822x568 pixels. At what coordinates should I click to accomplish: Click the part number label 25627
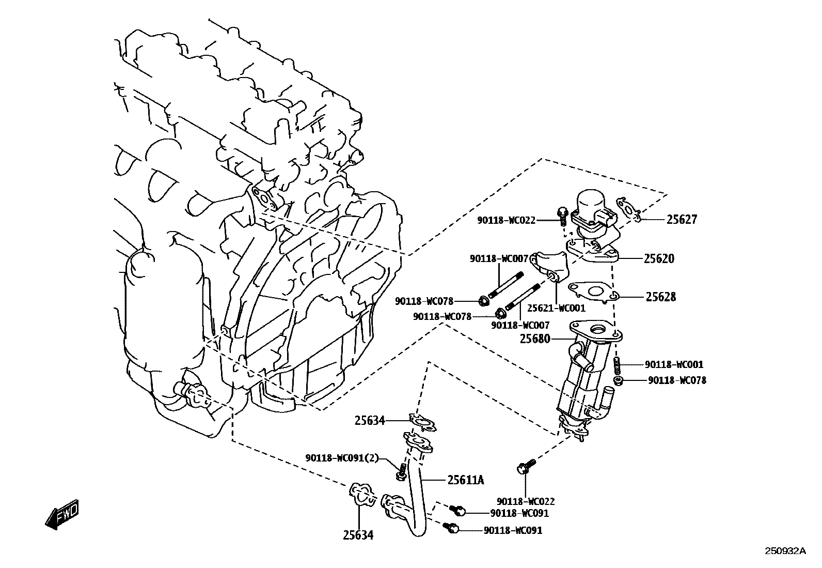tap(682, 220)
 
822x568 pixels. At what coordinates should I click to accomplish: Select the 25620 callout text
tap(659, 258)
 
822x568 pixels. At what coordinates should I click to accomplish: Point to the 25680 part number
tap(535, 339)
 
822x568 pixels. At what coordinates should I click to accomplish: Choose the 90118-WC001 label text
tap(674, 364)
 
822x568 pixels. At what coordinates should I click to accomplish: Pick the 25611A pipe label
tap(466, 480)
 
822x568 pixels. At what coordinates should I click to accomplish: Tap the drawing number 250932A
tap(785, 551)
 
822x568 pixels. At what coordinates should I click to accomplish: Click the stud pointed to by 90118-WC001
tap(616, 366)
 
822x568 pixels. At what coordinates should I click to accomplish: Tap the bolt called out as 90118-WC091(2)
tap(402, 470)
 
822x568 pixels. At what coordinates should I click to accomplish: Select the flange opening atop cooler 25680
tap(600, 328)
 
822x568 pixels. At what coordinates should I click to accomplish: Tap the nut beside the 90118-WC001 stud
tap(618, 381)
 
